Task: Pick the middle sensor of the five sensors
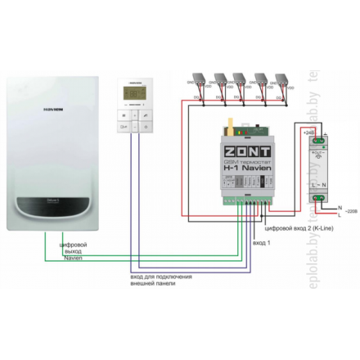tap(240, 80)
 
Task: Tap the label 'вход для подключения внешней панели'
tap(164, 282)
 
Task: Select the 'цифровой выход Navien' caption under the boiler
tap(78, 251)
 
